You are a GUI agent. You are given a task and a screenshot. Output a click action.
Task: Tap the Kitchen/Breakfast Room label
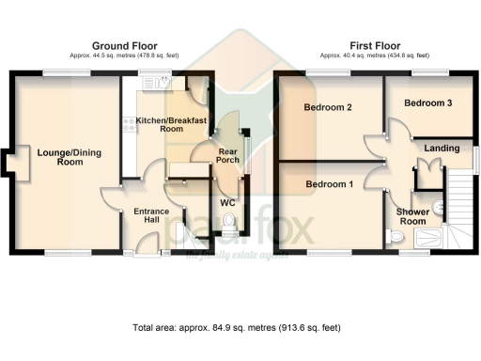pos(171,125)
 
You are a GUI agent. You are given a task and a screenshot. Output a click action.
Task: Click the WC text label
pos(227,202)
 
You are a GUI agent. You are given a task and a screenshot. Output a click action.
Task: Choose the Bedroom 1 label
pos(329,184)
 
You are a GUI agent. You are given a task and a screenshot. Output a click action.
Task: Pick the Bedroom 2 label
pos(328,108)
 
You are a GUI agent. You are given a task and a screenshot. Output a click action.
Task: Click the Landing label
pos(442,149)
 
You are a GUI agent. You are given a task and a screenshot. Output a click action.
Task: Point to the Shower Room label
pos(412,217)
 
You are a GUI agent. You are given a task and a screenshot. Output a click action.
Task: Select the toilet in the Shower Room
pos(395,240)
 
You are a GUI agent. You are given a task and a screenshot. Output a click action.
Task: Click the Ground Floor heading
pos(124,45)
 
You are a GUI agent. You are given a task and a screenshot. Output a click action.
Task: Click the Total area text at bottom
pos(236,328)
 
